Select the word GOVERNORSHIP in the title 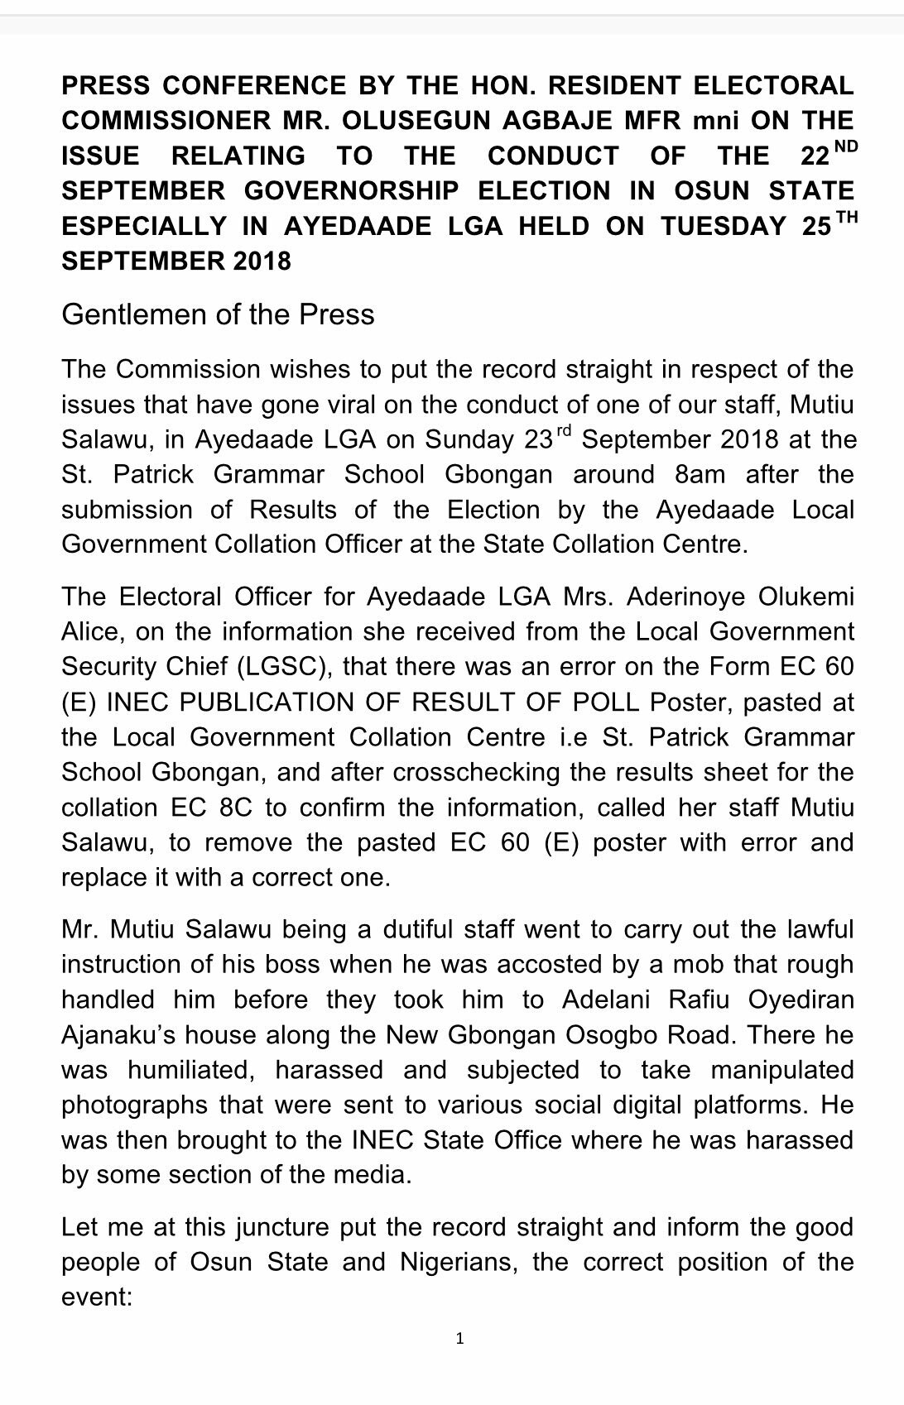351,191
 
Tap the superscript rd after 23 563,431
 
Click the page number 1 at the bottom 459,1338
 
